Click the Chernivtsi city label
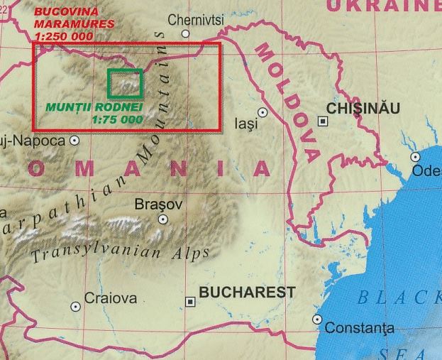[x=196, y=19]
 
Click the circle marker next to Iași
[x=263, y=112]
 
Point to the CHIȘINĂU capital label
[x=363, y=108]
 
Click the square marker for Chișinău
[x=324, y=121]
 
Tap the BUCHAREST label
[x=247, y=292]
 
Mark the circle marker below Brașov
[x=162, y=219]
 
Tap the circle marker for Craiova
[x=75, y=306]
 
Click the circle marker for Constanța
[x=316, y=320]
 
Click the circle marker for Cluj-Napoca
[x=74, y=141]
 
